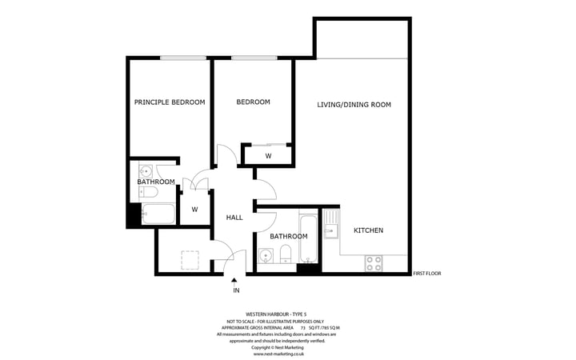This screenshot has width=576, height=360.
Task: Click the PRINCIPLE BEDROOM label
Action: tap(170, 102)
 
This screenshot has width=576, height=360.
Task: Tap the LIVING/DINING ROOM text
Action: tap(354, 105)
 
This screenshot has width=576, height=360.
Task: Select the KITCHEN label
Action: tap(369, 230)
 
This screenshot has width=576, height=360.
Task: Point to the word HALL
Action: tap(234, 218)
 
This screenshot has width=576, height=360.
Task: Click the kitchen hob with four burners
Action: tap(374, 262)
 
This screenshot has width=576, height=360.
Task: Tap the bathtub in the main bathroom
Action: tap(308, 238)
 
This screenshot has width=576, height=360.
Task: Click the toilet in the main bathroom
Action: tap(286, 255)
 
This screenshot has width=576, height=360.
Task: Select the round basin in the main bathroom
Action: tap(266, 257)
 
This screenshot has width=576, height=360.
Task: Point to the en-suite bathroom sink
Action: tap(146, 171)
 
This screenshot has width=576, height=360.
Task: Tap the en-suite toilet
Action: tap(146, 192)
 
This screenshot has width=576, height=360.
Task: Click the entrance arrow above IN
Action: tap(234, 279)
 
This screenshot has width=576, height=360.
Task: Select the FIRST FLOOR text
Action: tap(427, 274)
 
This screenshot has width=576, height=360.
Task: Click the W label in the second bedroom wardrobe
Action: tap(268, 155)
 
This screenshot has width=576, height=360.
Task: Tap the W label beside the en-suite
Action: tap(194, 210)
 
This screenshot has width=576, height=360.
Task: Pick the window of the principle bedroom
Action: tap(183, 58)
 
